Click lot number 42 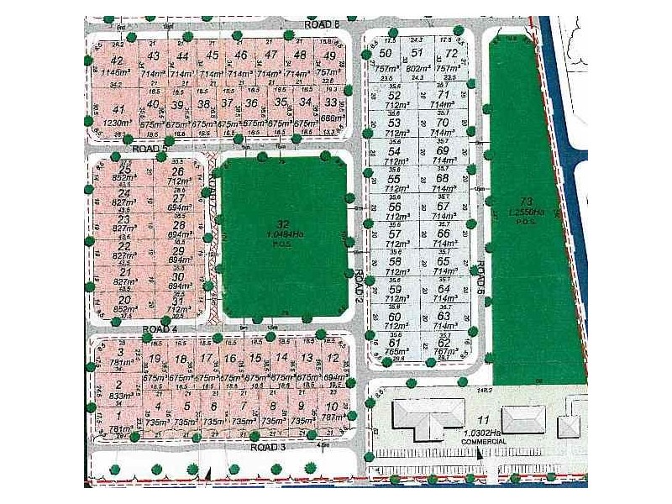[x=117, y=60]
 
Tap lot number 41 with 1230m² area [x=118, y=109]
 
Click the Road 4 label [x=159, y=329]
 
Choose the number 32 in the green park [x=282, y=223]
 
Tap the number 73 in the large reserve [x=527, y=202]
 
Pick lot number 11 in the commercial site [x=482, y=421]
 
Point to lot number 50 [x=386, y=55]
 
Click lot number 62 [x=444, y=342]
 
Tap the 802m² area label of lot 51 [x=417, y=68]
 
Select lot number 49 [x=329, y=55]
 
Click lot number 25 [x=126, y=171]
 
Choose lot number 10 [x=333, y=406]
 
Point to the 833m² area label [x=121, y=396]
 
